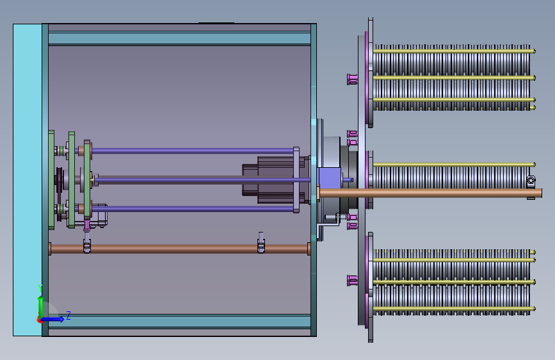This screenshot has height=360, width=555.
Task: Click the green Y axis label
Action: (40, 288)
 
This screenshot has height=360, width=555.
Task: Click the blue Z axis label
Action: (68, 315)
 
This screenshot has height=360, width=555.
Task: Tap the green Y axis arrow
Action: (41, 307)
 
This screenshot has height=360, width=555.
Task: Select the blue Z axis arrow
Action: (52, 319)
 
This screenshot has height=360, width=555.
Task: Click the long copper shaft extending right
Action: (430, 193)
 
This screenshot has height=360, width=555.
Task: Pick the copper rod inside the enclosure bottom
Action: (179, 249)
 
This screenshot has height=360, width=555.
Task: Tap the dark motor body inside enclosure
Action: (271, 180)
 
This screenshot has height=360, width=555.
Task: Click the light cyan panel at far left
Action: (28, 180)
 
